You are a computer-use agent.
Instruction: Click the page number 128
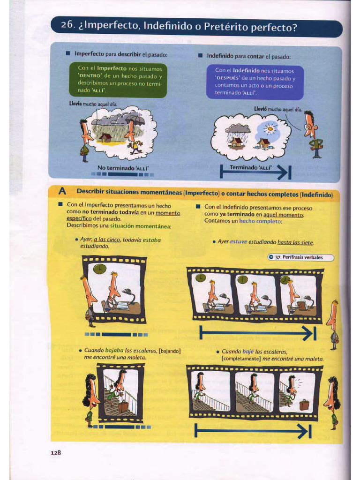click(x=56, y=452)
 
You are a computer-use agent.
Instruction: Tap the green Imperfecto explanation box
click(x=122, y=79)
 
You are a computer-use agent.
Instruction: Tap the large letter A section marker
click(x=62, y=192)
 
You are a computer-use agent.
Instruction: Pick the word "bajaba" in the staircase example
click(x=114, y=350)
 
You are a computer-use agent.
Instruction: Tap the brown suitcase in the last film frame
click(x=304, y=404)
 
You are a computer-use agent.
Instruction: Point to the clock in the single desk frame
click(x=99, y=269)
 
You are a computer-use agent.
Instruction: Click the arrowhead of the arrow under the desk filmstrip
click(x=310, y=333)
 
